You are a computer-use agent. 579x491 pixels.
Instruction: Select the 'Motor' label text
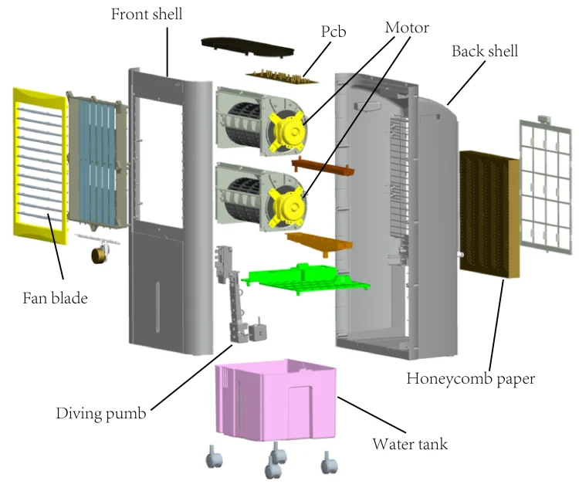407,28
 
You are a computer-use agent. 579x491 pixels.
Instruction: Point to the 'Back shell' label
484,52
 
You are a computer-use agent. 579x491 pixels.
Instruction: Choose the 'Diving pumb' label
100,413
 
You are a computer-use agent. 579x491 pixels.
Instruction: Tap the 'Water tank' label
409,444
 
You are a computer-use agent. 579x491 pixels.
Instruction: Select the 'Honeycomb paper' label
471,378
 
